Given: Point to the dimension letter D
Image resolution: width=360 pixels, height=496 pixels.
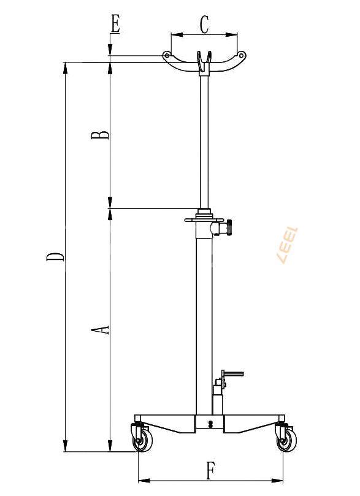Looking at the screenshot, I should click(55, 256).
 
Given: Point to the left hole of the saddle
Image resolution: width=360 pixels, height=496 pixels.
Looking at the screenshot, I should click(166, 56).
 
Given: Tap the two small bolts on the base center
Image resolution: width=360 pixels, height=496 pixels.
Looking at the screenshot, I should click(210, 424).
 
